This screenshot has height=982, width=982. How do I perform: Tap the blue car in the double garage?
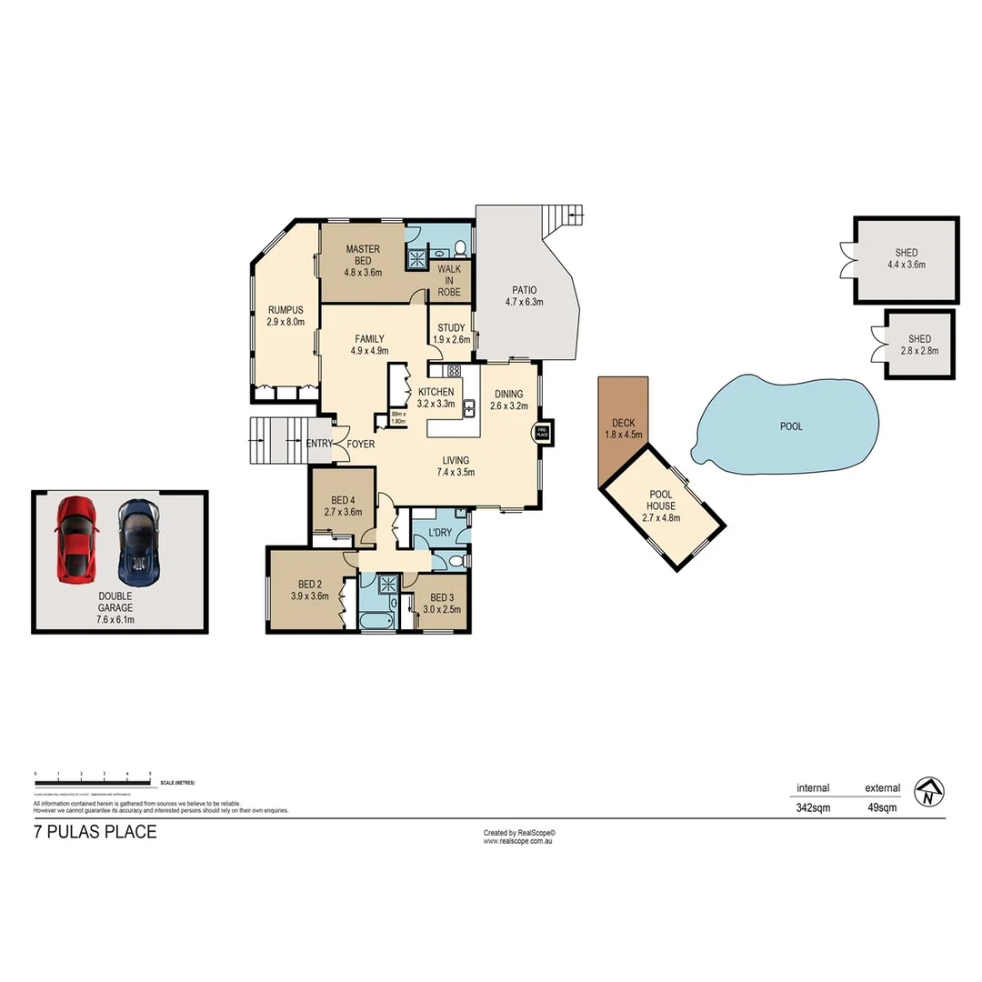click(x=138, y=542)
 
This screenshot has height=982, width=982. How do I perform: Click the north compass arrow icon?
click(x=929, y=792)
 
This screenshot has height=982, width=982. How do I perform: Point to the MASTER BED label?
click(x=362, y=255)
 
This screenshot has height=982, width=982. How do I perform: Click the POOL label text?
click(x=791, y=426)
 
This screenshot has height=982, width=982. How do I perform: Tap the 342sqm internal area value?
click(x=813, y=807)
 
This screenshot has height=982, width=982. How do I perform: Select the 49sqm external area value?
click(x=882, y=807)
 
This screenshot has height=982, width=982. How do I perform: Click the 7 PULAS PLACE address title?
click(x=95, y=832)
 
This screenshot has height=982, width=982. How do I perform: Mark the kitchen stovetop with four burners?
click(x=453, y=371)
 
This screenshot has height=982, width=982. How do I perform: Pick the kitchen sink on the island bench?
click(x=470, y=408)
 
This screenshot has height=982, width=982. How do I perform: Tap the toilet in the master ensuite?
click(x=460, y=246)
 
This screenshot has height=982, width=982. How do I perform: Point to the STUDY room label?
click(x=451, y=328)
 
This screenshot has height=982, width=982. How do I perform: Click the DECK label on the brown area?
click(x=623, y=423)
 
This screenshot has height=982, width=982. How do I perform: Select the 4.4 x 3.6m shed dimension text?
click(x=906, y=266)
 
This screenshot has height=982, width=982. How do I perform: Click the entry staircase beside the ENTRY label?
click(x=277, y=442)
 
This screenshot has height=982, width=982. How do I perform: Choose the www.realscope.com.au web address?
click(x=518, y=841)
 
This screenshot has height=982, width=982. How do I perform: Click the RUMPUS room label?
click(x=285, y=310)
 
